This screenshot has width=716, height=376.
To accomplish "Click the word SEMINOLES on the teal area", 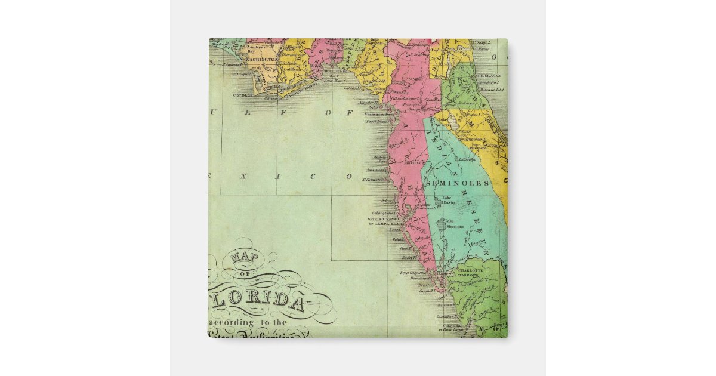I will [465, 183].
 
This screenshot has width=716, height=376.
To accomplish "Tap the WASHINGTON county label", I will [261, 60].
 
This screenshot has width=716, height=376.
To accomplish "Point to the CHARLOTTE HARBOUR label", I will [472, 273].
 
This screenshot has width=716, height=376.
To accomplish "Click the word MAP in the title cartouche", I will [239, 258].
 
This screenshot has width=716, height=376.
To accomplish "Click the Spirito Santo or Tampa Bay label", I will [382, 221].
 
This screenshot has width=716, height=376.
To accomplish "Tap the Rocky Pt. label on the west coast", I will [408, 257].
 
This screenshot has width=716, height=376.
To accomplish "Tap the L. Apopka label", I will [467, 159].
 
